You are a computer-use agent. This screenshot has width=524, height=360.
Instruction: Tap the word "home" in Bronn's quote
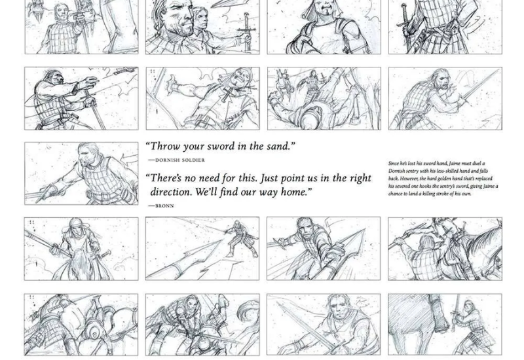[x=291, y=192]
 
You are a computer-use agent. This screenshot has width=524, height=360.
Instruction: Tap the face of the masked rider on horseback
[x=77, y=228]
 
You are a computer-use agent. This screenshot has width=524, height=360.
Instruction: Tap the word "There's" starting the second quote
[x=169, y=178]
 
